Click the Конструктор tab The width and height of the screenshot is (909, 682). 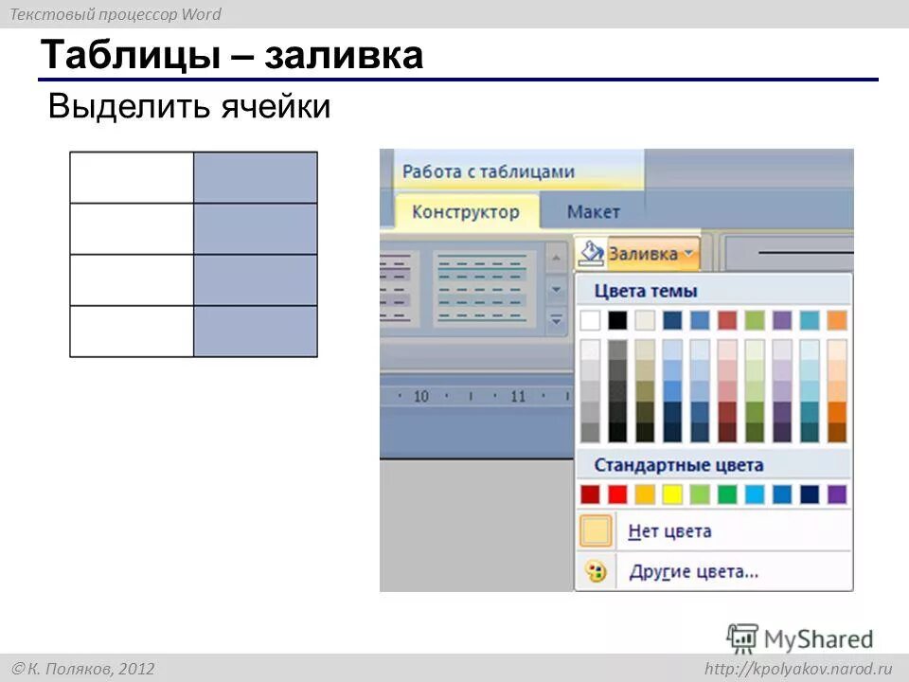pyautogui.click(x=465, y=211)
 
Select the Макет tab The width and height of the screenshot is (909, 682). pyautogui.click(x=593, y=211)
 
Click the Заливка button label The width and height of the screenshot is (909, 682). pyautogui.click(x=643, y=253)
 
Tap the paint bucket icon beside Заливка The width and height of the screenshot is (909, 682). pyautogui.click(x=591, y=253)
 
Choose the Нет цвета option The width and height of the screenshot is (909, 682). pyautogui.click(x=669, y=531)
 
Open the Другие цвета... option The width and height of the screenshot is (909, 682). pyautogui.click(x=693, y=571)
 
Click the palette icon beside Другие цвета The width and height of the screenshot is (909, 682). pyautogui.click(x=595, y=571)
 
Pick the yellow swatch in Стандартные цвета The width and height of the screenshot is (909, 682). pyautogui.click(x=672, y=494)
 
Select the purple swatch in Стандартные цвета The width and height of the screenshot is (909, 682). pyautogui.click(x=837, y=494)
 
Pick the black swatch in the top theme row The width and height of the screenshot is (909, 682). pyautogui.click(x=617, y=320)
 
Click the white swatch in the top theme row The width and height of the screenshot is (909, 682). pyautogui.click(x=590, y=320)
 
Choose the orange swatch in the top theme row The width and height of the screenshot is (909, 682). pyautogui.click(x=837, y=320)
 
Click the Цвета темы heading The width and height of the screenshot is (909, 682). pyautogui.click(x=646, y=291)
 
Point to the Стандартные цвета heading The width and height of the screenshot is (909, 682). pyautogui.click(x=678, y=465)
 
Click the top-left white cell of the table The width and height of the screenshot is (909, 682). pyautogui.click(x=132, y=177)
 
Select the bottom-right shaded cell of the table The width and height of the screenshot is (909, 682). pyautogui.click(x=256, y=332)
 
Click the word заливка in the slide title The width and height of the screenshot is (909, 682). pyautogui.click(x=344, y=56)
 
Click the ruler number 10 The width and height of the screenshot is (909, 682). pyautogui.click(x=420, y=396)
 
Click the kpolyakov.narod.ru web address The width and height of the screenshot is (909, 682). pyautogui.click(x=798, y=669)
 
